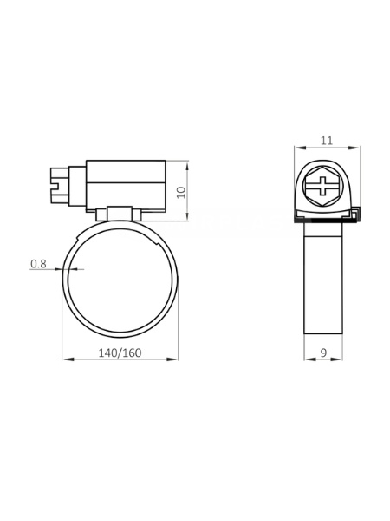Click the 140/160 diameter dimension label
point(120,353)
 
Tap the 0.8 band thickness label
point(38,264)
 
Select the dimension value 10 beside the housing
point(181,193)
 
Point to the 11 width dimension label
point(327,141)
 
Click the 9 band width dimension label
point(323,353)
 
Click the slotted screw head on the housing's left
point(60,186)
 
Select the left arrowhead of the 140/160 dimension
point(68,359)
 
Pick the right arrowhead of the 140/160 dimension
point(172,359)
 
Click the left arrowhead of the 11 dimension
point(300,148)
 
